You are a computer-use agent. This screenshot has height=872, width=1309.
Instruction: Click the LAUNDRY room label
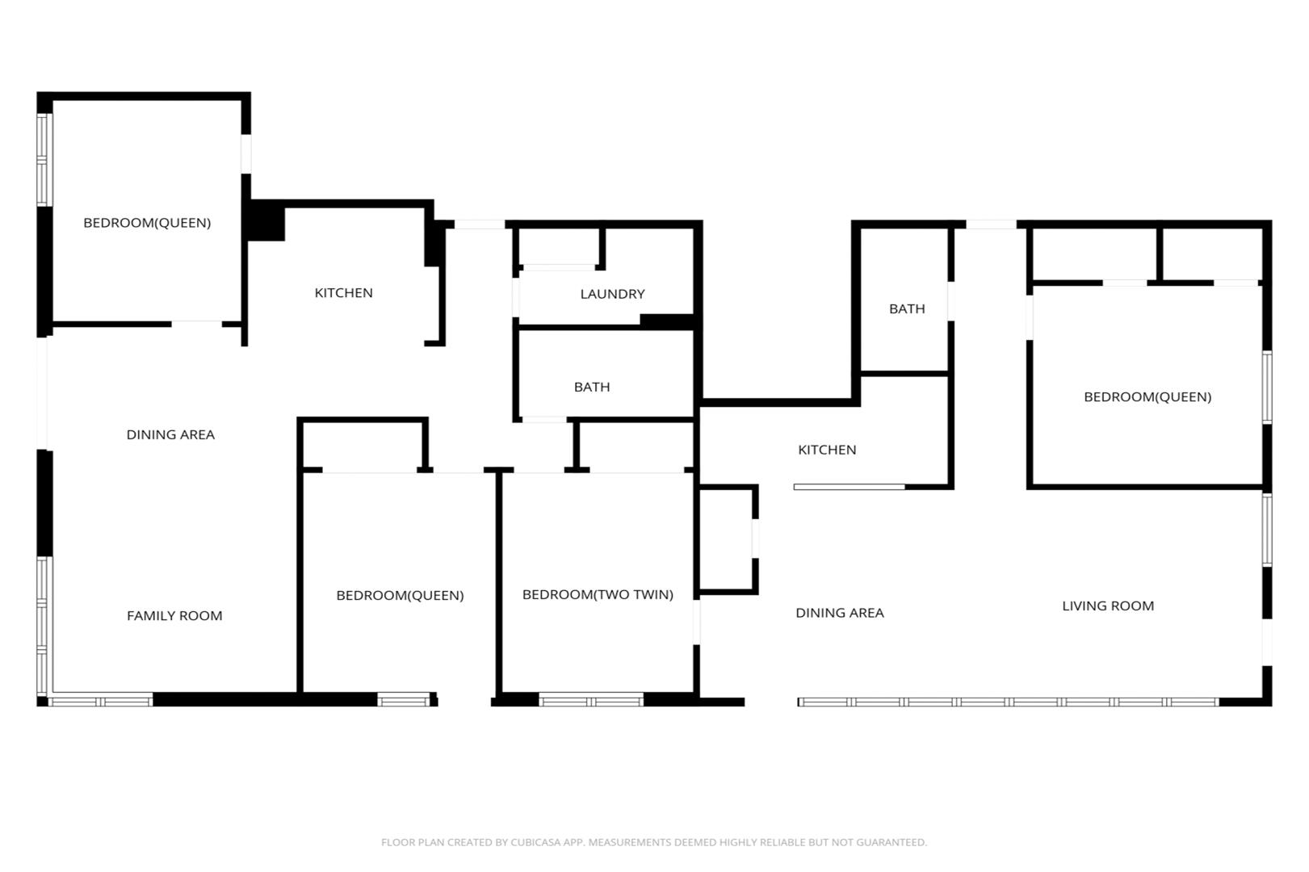[x=612, y=294]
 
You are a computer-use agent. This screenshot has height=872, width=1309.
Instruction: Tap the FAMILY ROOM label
[x=174, y=615]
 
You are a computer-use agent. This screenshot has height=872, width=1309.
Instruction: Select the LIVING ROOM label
[x=1107, y=606]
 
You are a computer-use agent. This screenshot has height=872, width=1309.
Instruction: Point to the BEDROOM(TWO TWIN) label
[x=598, y=594]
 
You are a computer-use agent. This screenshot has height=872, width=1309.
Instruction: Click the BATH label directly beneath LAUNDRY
[x=591, y=387]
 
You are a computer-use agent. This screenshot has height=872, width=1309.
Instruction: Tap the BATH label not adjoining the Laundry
[x=906, y=308]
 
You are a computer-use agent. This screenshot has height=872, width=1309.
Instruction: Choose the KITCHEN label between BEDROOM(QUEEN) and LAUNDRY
[x=343, y=293]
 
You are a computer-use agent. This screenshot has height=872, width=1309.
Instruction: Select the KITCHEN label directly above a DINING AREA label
[x=827, y=450]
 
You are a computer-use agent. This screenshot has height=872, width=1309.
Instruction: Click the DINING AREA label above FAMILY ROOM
[x=170, y=434]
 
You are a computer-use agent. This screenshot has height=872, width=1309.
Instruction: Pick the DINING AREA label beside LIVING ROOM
[x=839, y=613]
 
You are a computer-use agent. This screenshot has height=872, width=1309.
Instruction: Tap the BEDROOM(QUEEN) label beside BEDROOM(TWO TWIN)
[x=400, y=595]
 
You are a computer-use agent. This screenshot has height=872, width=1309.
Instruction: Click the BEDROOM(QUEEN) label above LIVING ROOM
[x=1147, y=397]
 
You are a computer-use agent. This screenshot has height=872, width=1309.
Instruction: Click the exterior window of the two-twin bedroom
[x=591, y=699]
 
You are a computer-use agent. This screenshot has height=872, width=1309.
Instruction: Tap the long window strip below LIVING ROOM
[x=1008, y=702]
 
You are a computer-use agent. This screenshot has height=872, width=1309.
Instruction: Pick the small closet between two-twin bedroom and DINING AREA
[x=728, y=539]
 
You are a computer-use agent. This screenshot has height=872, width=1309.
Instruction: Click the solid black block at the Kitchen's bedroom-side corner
[x=265, y=220]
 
